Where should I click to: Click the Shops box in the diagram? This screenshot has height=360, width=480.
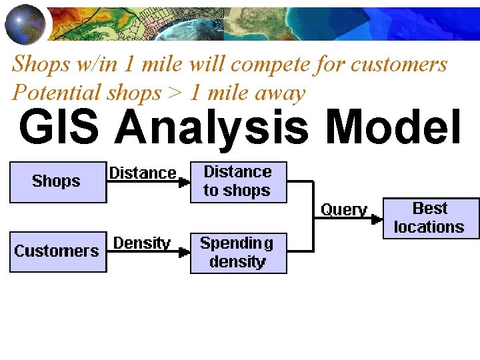click(x=57, y=181)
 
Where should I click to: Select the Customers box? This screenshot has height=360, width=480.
click(x=57, y=251)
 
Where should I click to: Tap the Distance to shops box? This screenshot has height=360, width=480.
click(x=238, y=181)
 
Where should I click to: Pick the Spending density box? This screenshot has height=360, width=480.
click(x=238, y=252)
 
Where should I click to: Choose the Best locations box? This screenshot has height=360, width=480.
click(x=430, y=217)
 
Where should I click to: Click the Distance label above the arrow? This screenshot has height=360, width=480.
click(x=143, y=173)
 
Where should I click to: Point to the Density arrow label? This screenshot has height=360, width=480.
click(x=141, y=243)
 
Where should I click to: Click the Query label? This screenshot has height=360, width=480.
click(x=344, y=209)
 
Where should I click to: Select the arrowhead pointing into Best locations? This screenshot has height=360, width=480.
click(x=377, y=218)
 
